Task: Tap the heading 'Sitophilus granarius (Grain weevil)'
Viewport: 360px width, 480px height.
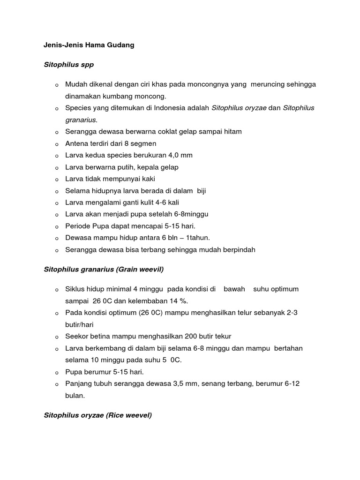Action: click(104, 270)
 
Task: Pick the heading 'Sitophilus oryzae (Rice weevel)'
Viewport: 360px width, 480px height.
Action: click(98, 415)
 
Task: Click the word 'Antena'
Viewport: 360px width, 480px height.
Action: click(76, 143)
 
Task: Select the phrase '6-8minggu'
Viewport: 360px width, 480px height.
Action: click(192, 214)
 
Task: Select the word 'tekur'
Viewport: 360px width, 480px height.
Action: click(223, 337)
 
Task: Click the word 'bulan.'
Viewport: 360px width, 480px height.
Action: click(75, 396)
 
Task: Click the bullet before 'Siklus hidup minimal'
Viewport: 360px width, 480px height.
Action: click(56, 290)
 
